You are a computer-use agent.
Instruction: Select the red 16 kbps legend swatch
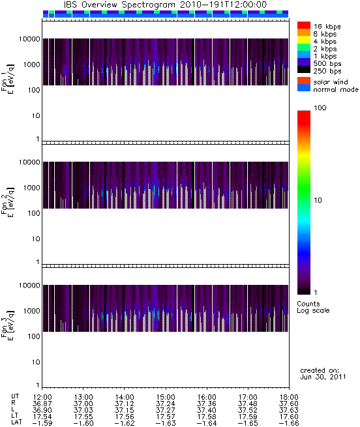click(x=304, y=25)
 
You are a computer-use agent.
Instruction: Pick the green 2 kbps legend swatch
click(x=304, y=48)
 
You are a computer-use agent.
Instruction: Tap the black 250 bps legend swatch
click(x=304, y=70)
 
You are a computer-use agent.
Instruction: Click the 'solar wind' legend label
click(x=330, y=82)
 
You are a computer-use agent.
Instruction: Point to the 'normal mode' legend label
click(x=336, y=89)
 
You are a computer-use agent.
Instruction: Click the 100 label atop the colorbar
click(x=320, y=108)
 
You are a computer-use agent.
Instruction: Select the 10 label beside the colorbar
click(x=318, y=200)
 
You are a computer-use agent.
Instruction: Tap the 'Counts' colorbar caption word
click(x=308, y=304)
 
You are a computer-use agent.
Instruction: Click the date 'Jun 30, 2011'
click(x=323, y=377)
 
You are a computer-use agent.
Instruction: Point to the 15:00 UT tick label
click(x=166, y=397)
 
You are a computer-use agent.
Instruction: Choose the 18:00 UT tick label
click(x=289, y=397)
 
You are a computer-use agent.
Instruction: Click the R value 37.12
click(x=125, y=404)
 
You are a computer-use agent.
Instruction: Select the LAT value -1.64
click(x=206, y=424)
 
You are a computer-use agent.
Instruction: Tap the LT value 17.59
click(x=247, y=417)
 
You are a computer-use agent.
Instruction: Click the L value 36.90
click(x=42, y=410)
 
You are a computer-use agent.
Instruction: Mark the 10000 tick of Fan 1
click(x=29, y=39)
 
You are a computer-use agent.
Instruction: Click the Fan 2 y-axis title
click(x=7, y=202)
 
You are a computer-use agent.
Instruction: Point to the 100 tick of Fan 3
click(x=34, y=336)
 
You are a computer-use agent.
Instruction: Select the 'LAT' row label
click(x=16, y=423)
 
